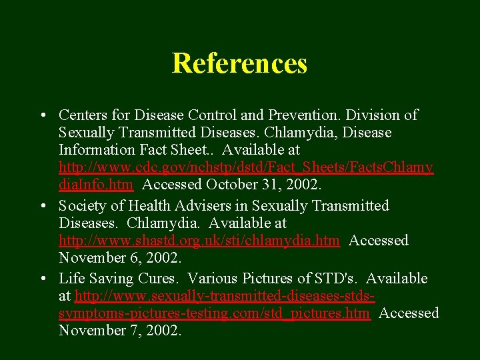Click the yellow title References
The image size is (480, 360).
[239, 63]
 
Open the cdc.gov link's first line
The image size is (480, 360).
[246, 167]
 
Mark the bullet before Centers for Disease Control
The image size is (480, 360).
[42, 115]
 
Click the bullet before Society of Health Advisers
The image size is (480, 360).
[42, 206]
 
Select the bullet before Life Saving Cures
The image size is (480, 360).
[42, 279]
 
